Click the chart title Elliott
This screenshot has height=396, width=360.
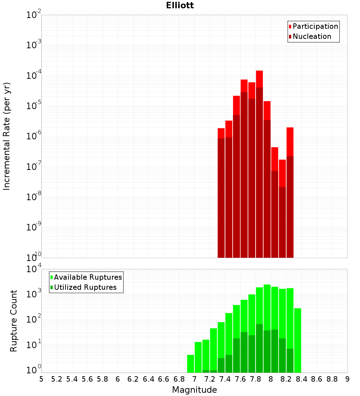point(180,6)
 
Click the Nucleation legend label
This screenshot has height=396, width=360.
point(311,36)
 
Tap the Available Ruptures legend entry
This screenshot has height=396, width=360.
point(87,277)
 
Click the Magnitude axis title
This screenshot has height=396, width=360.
point(194,390)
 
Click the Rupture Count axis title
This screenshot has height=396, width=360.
point(14,320)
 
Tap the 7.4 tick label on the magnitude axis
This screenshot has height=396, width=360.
point(225,379)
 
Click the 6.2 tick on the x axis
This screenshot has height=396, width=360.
point(133,379)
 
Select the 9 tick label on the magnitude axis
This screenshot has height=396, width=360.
point(347,379)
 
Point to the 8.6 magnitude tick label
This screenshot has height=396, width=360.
point(317,379)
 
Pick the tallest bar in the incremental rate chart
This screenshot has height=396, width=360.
point(260,162)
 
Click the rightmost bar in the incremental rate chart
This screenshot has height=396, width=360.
point(290,191)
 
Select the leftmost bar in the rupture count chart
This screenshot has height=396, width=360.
point(190,364)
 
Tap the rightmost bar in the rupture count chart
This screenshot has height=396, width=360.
point(298,340)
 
